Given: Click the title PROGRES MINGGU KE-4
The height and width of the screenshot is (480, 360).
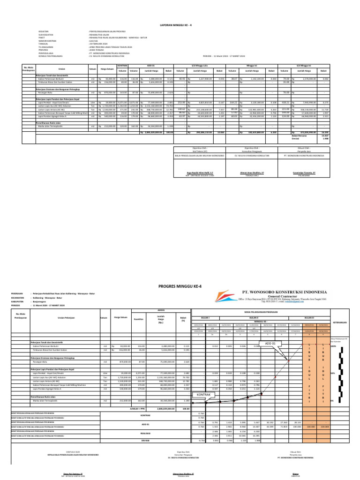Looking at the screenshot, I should [x=180, y=285].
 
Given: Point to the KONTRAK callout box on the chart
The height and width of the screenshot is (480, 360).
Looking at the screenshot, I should [x=205, y=395].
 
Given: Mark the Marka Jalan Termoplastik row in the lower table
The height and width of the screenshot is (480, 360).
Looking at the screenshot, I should [x=50, y=401].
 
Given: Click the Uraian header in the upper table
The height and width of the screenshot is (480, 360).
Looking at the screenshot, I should [x=61, y=69].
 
